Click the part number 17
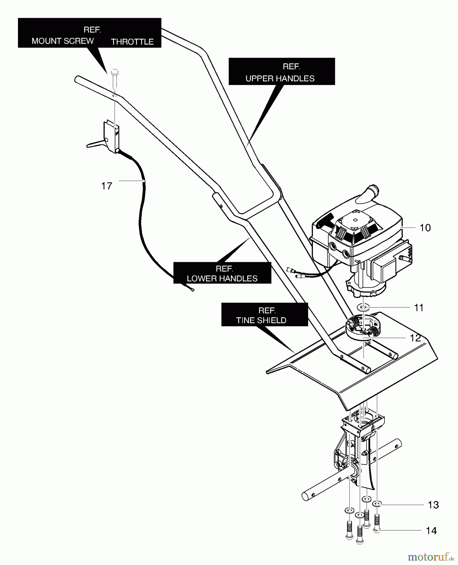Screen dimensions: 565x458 (x=107, y=186)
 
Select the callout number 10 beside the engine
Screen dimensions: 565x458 (x=425, y=228)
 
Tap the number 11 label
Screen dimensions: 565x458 (x=419, y=308)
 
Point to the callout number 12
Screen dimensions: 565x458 (x=415, y=338)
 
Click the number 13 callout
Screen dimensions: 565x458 (x=433, y=505)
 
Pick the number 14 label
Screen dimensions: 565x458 (x=431, y=530)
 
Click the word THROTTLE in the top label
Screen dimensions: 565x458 (x=132, y=42)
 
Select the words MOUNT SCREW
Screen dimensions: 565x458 (x=63, y=41)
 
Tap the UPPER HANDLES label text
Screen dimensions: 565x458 (x=280, y=78)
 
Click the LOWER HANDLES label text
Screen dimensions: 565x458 (x=222, y=278)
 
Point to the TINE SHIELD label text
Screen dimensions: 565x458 (x=261, y=320)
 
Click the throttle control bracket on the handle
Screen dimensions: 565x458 (x=112, y=137)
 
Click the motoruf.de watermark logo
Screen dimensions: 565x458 (x=431, y=557)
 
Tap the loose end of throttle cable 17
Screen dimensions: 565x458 (x=193, y=290)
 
